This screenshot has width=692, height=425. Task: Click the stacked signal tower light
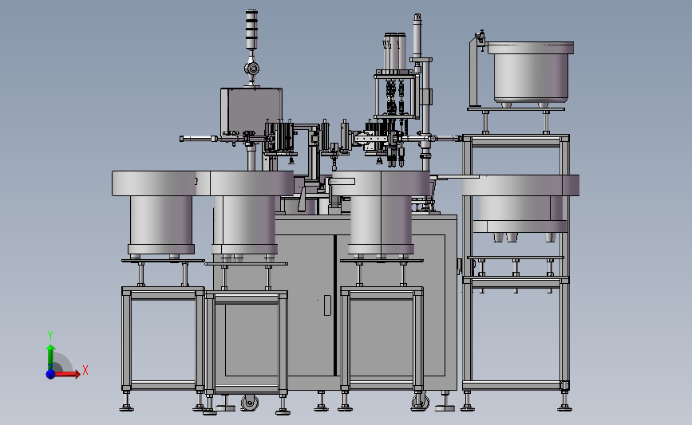pos(251,30)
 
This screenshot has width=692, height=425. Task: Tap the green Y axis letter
pos(50,336)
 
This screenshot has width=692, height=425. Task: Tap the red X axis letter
pos(85,370)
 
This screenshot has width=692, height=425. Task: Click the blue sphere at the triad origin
pos(50,374)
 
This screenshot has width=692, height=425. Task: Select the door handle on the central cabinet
pos(327,305)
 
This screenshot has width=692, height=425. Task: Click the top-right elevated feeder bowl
pos(531,73)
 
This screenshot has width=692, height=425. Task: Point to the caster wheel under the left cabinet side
pos(250,403)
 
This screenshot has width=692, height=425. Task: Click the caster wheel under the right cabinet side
pos(420,401)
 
